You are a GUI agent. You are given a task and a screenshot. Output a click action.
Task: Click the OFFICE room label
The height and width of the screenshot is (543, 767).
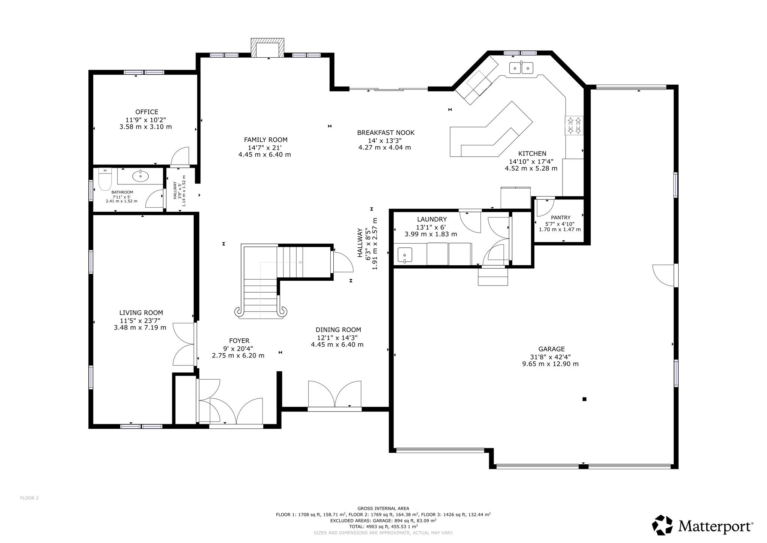147,112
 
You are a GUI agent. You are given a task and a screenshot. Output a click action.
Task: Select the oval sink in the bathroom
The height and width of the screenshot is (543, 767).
140,176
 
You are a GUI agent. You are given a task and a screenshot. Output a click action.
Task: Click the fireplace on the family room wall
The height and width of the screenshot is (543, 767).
267,48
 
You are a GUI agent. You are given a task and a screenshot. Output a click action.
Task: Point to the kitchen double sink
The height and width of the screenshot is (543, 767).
521,68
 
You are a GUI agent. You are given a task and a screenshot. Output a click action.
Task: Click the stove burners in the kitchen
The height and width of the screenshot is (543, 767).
574,126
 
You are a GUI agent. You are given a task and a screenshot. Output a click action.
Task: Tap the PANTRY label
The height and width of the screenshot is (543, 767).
561,217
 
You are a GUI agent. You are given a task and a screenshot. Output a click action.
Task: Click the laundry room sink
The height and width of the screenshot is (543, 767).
404,255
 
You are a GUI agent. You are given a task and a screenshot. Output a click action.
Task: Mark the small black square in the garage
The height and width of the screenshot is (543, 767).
584,399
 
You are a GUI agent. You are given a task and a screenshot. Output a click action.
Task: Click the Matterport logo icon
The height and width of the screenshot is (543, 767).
663,525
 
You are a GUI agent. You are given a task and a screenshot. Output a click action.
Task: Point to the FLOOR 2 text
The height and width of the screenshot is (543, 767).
29,498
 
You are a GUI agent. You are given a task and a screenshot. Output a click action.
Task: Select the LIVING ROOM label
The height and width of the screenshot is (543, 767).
141,313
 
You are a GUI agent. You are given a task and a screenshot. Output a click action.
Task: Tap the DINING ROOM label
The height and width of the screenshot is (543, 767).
338,330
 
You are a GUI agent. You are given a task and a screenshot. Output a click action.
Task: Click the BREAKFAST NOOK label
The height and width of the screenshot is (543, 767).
386,133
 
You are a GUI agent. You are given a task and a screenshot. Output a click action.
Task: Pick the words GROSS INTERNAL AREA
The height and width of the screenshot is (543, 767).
383,509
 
